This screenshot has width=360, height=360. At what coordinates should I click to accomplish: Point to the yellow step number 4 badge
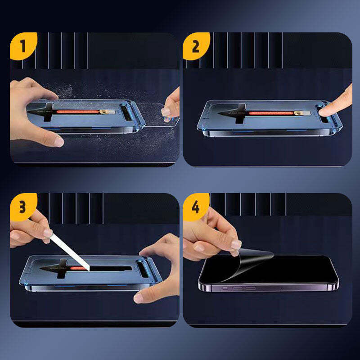(x=195, y=206)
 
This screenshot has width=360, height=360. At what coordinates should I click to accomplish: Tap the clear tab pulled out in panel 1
(x=155, y=115)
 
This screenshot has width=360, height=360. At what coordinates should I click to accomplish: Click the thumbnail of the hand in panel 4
(x=236, y=245)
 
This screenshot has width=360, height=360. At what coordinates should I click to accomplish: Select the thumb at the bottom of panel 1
(x=54, y=140)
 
